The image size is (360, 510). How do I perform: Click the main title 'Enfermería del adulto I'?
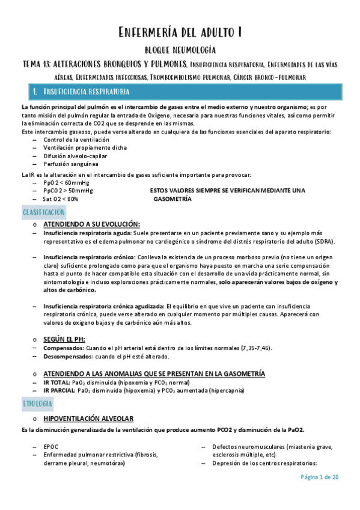tap(180, 32)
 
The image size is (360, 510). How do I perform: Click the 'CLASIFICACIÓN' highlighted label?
tap(44, 212)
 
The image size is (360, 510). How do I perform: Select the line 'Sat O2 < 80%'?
tap(61, 198)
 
